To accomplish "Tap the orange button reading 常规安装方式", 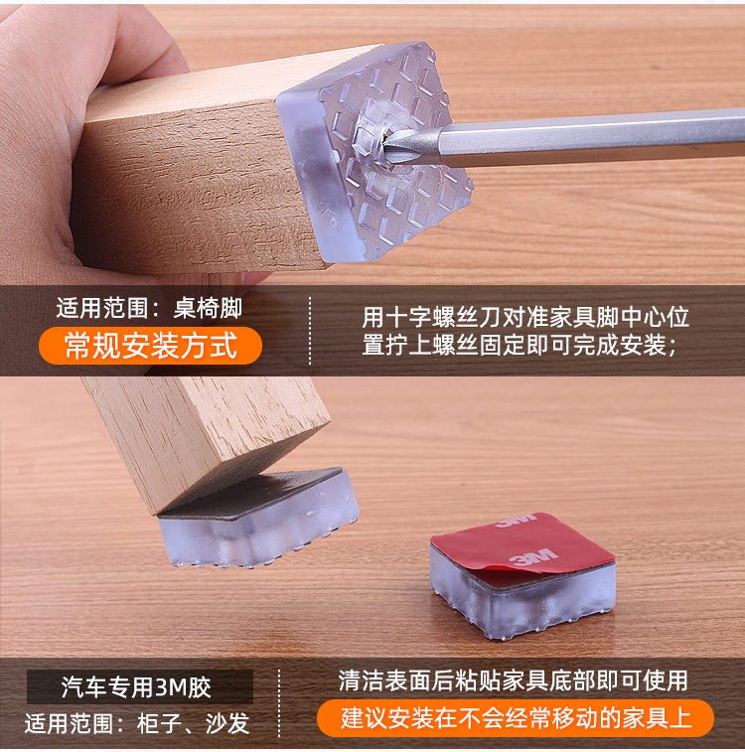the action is coord(150,346).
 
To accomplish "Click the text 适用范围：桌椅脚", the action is coord(149,307).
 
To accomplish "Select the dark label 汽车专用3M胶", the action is coord(139,686).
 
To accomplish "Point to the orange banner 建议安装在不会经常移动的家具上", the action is coord(516,718).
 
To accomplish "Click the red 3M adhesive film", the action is coord(522,544).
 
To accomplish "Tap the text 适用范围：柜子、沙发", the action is coord(137,724).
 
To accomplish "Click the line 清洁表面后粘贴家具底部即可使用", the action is coord(513,680).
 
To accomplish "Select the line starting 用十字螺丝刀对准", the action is coord(525,317).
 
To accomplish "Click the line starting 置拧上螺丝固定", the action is coord(520,345).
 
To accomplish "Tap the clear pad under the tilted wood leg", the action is coord(259,518).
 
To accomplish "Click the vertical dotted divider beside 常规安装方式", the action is coord(310,331).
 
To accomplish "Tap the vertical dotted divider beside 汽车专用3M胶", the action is coord(279,702).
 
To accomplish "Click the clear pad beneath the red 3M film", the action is coord(522,599).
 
